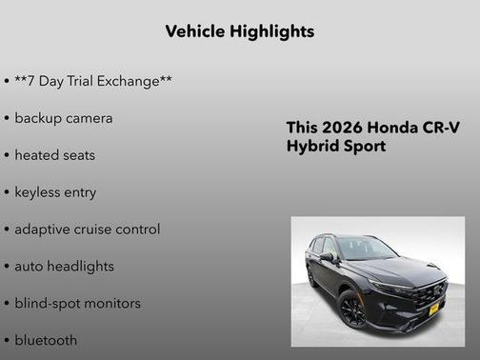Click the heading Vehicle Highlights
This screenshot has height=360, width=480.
(x=239, y=31)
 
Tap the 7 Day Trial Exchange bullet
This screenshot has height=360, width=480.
(x=92, y=81)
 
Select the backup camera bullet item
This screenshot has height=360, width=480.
(x=63, y=118)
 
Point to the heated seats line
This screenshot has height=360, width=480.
(x=54, y=155)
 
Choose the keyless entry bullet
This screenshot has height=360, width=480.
(x=55, y=192)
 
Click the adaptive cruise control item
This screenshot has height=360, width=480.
(x=87, y=230)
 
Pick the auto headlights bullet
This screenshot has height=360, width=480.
(x=64, y=267)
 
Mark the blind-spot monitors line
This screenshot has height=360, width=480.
(x=77, y=304)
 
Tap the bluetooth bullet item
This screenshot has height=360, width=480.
(x=46, y=340)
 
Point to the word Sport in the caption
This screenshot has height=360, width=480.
(x=365, y=147)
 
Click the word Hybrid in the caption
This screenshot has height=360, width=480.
(x=312, y=147)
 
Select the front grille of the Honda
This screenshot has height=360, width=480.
(x=430, y=290)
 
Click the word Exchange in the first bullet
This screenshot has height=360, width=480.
(x=133, y=81)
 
